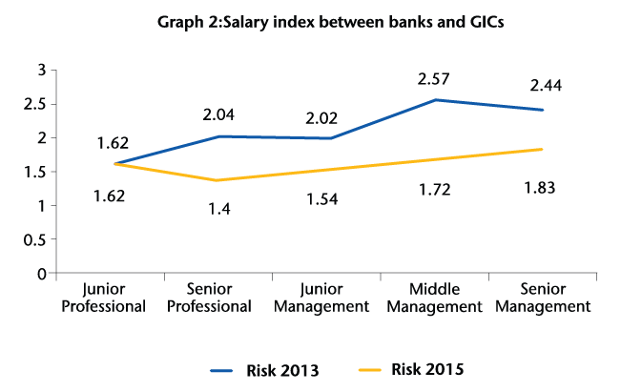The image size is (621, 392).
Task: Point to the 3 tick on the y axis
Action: pyautogui.click(x=41, y=70)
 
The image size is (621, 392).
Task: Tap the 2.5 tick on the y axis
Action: pyautogui.click(x=34, y=104)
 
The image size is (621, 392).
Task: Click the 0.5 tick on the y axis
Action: pyautogui.click(x=34, y=239)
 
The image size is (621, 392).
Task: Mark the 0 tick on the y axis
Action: pyautogui.click(x=41, y=274)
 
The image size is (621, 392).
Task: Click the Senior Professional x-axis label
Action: pyautogui.click(x=219, y=299)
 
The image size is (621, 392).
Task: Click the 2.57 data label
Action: pyautogui.click(x=433, y=78)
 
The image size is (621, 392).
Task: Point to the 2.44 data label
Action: pyautogui.click(x=546, y=86)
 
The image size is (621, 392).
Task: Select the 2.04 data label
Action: pyautogui.click(x=218, y=114)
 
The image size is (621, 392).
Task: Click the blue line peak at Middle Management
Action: pyautogui.click(x=435, y=99)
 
